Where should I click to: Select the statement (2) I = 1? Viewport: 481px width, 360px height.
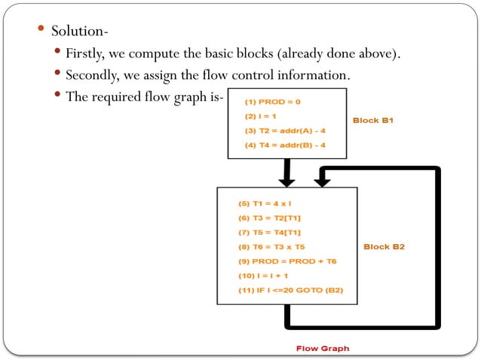point(258,116)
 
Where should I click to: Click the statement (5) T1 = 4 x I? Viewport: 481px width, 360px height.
point(265,203)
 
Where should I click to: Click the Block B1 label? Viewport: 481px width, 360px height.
point(373,120)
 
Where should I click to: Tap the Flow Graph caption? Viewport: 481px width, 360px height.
point(322,348)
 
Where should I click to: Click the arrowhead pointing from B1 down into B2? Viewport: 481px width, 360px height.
point(286,182)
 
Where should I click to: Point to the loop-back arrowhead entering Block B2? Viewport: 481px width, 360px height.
point(322,182)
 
